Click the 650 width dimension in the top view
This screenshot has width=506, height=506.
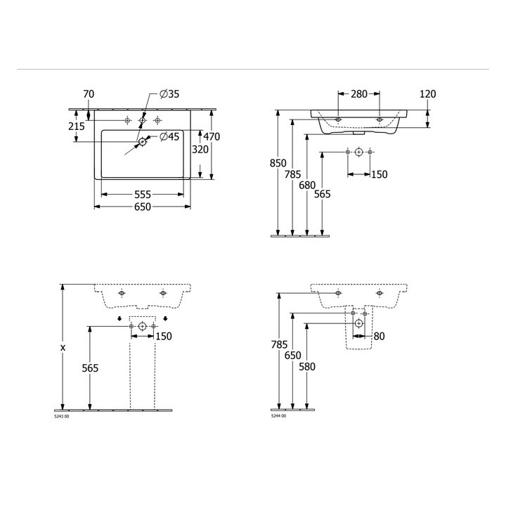[x=142, y=207]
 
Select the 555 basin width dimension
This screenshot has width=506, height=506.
[x=142, y=194]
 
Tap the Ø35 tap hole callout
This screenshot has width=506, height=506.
[x=169, y=94]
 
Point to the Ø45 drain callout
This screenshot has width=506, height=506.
[x=169, y=136]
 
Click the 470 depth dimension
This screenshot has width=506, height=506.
[x=212, y=136]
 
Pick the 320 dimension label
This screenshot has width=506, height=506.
[x=200, y=150]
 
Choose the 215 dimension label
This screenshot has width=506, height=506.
[x=77, y=126]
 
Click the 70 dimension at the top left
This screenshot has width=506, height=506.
[x=89, y=94]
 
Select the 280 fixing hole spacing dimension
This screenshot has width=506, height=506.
[x=359, y=94]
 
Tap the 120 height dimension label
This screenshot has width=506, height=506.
[x=427, y=94]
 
